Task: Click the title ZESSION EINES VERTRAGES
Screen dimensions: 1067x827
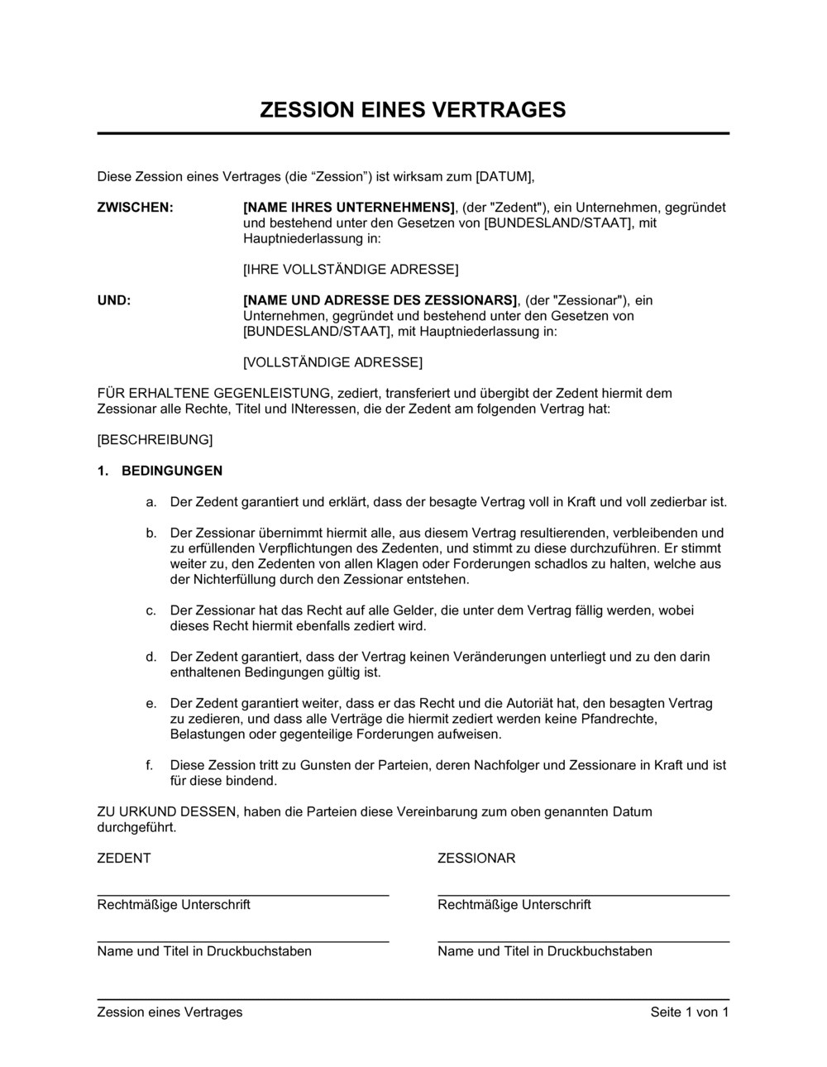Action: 413,110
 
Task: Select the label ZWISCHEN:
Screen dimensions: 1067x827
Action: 136,208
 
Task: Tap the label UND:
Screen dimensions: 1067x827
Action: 114,300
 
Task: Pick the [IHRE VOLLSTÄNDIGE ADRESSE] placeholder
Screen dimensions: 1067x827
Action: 351,270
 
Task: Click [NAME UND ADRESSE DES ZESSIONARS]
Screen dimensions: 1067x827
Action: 380,300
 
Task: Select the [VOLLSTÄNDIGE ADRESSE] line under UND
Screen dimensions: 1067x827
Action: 332,362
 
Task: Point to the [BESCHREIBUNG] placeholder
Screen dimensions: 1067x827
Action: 155,440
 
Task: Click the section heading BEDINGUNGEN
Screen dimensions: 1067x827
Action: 172,471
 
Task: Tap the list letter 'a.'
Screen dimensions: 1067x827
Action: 151,502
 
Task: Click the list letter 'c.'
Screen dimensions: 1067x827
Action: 151,610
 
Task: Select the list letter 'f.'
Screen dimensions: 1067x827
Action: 150,765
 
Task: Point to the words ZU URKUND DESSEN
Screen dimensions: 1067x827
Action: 166,811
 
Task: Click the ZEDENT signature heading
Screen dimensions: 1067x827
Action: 124,859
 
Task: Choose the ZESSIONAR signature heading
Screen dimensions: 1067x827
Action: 476,859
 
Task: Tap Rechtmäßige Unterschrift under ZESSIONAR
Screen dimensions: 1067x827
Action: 514,905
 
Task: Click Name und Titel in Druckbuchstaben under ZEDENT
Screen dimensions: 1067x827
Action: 204,951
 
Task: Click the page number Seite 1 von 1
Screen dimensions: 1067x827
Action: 690,1012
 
